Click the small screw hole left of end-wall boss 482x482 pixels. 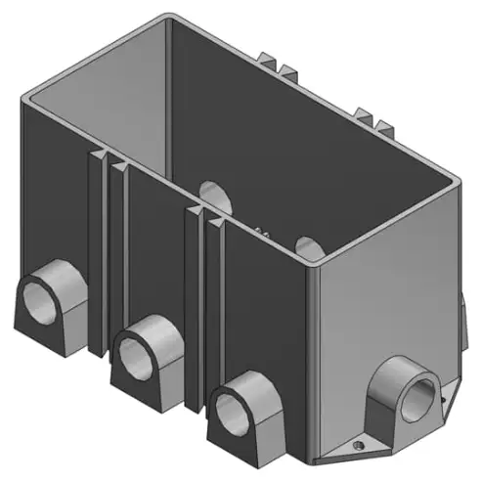click(x=359, y=443)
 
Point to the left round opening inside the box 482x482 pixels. click(x=213, y=195)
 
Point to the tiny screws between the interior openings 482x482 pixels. click(x=261, y=231)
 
